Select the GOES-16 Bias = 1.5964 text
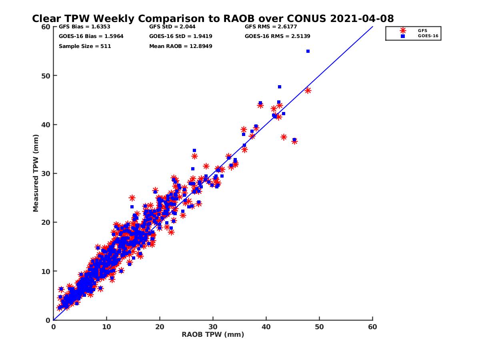86,36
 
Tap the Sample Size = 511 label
85,46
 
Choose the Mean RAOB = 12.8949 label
180,46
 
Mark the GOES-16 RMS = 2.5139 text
277,36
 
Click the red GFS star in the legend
403,30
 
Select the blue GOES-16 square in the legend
403,36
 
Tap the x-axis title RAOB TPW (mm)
213,335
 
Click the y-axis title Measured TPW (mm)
36,173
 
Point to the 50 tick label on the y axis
46,76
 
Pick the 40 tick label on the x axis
266,327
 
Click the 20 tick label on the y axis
46,222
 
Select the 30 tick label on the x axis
213,327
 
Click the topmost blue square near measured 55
308,51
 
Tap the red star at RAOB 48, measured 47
308,91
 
